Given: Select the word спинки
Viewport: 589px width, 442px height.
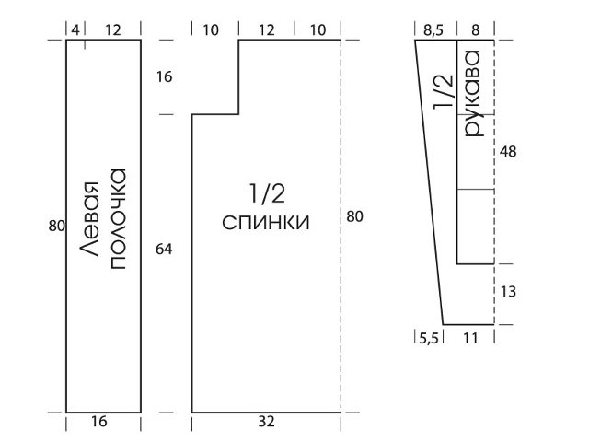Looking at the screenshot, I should [x=266, y=223].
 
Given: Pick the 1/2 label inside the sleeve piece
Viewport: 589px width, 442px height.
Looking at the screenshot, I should [x=443, y=95].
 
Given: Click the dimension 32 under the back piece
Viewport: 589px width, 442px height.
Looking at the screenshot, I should [x=265, y=423].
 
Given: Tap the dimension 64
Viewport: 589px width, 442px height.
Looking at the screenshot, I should [x=165, y=249].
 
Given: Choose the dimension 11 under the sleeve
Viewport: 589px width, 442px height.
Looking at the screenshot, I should [x=469, y=339].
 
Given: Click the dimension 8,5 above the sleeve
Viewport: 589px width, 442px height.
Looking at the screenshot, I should [x=434, y=30].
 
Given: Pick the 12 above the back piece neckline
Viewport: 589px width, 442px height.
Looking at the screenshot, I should [x=266, y=30].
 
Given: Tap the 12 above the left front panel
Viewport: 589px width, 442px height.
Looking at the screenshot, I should [x=112, y=30].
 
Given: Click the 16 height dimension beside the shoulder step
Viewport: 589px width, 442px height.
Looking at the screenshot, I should [x=165, y=77].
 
